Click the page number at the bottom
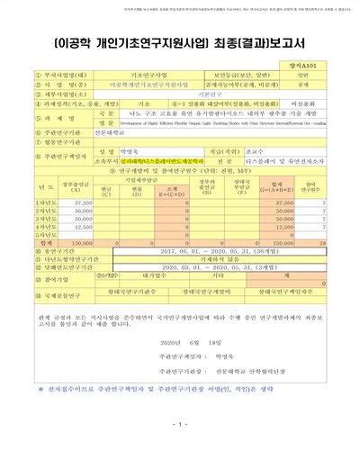[x=180, y=422]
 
